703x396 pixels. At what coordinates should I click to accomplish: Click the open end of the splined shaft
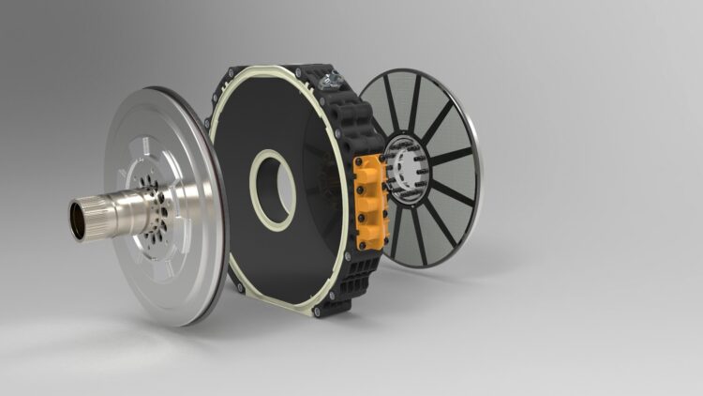point(77,220)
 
